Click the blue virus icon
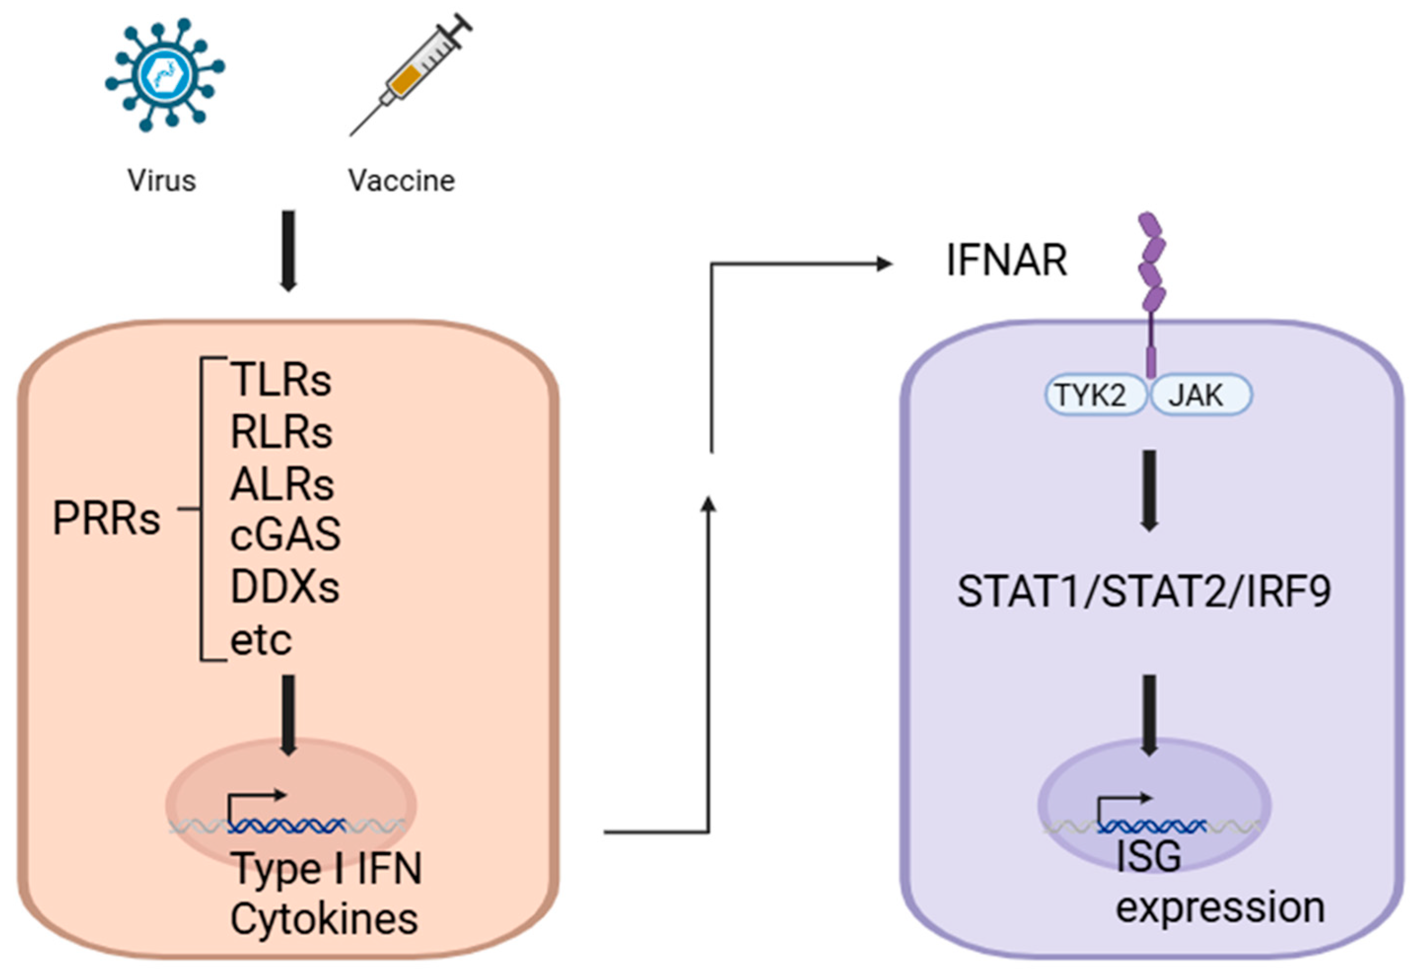164,75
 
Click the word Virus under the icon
162,180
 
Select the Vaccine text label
402,180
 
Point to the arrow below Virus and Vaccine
288,251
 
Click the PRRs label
106,519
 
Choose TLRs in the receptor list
281,380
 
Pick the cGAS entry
285,534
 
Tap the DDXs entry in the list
284,587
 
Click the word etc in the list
261,640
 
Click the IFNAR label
1007,261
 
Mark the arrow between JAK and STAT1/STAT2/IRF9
1149,489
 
